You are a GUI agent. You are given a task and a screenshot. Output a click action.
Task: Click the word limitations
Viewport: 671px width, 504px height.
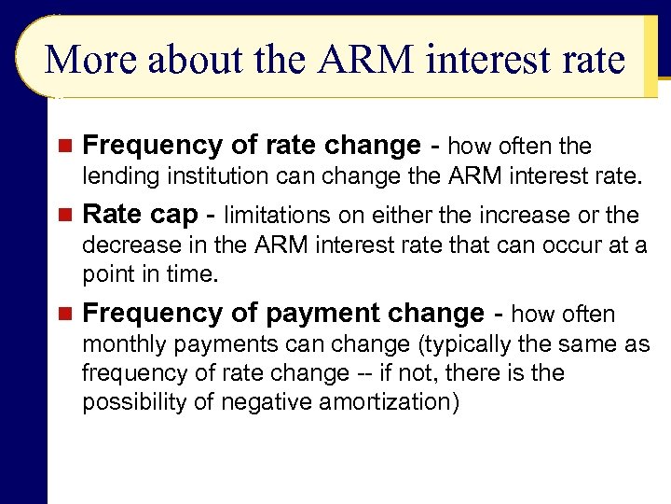[x=271, y=216]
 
